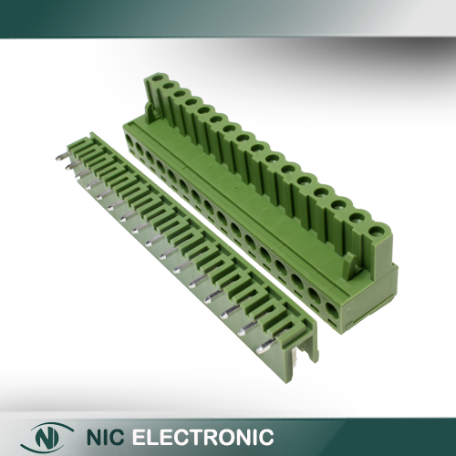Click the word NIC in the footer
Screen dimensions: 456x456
106,437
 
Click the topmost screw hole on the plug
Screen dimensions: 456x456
157,78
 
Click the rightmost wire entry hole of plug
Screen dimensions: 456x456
332,312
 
